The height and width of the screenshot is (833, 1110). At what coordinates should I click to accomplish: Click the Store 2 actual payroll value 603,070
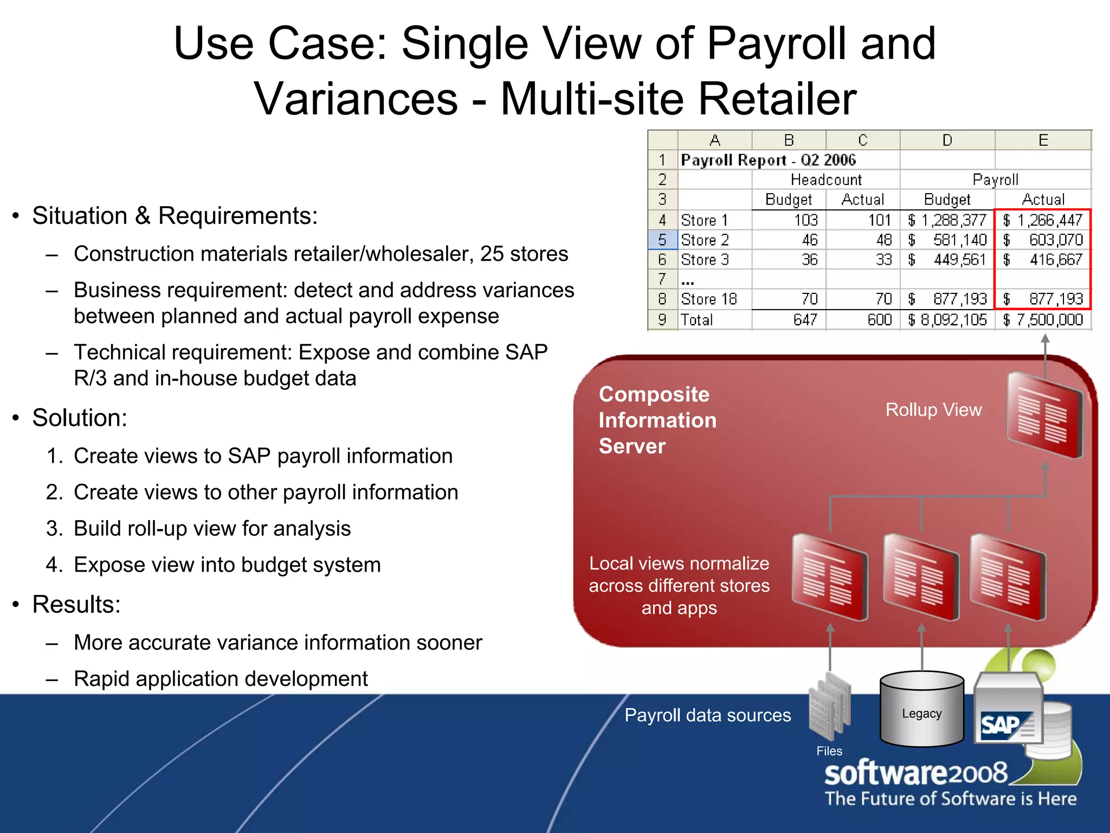point(1055,240)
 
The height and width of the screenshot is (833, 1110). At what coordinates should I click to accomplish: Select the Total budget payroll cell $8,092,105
point(947,319)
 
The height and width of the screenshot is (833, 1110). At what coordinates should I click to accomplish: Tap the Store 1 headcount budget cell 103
point(805,220)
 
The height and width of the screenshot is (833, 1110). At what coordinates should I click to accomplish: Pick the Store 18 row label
point(708,299)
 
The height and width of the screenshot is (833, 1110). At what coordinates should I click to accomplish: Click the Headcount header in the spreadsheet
point(825,180)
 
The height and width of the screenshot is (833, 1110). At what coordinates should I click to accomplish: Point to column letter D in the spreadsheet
point(947,140)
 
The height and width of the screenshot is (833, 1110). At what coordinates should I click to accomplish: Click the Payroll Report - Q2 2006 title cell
point(768,160)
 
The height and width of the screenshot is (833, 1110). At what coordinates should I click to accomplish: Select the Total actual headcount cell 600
point(879,319)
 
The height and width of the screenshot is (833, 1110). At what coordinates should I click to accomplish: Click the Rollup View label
point(933,409)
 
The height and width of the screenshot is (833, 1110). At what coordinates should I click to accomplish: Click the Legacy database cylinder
point(921,709)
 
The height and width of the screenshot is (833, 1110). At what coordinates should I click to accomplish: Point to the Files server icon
point(829,708)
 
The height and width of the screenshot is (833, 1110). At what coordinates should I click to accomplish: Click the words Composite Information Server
point(657,420)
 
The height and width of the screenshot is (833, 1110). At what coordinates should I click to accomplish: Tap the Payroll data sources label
point(707,715)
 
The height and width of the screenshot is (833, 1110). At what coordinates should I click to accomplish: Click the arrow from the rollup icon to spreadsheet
point(1045,355)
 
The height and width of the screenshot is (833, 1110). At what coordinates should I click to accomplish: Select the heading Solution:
point(80,418)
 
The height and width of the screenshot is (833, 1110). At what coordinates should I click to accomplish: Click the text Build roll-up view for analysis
point(212,529)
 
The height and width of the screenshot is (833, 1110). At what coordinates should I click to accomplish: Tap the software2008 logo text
point(915,773)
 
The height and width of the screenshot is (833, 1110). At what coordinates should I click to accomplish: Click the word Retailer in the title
point(777,99)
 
